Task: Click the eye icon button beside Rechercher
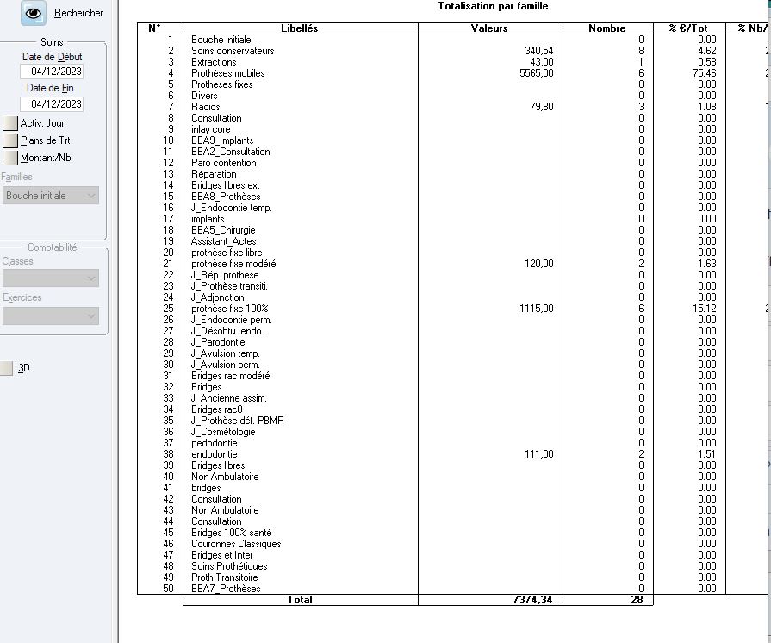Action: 34,13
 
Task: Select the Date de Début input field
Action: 52,72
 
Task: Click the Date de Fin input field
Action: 52,104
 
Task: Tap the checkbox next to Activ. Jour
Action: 10,123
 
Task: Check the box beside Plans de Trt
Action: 10,140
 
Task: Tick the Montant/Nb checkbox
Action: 10,158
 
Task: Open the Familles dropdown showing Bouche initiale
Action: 50,196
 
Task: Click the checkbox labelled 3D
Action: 7,368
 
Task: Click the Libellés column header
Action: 300,28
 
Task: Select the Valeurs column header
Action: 489,28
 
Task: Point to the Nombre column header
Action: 606,28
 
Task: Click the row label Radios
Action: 206,107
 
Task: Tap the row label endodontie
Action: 214,454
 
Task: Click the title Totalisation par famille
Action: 493,7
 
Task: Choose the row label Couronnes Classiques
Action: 236,544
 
